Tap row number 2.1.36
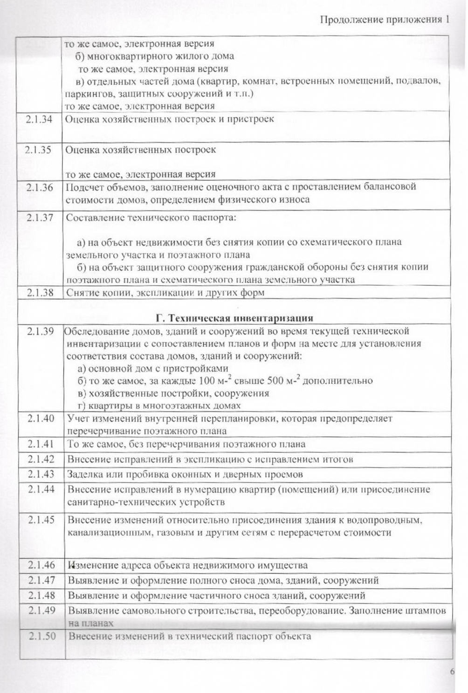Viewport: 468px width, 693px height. (x=40, y=187)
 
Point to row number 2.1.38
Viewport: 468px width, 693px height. (x=40, y=293)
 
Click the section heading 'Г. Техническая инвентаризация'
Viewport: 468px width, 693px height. (x=234, y=318)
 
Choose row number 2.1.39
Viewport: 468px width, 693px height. (x=40, y=331)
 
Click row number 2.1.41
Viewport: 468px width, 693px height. (x=41, y=444)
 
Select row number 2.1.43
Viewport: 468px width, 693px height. (x=41, y=474)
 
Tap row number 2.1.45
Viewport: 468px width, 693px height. (x=41, y=520)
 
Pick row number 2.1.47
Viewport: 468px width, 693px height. (x=41, y=580)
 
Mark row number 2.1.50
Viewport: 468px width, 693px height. (x=41, y=636)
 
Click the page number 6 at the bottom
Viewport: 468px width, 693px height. (x=452, y=672)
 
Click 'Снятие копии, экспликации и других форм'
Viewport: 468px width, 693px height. (x=165, y=293)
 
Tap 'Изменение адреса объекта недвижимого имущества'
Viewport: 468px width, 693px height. (x=187, y=565)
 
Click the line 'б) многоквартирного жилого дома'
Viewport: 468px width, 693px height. (x=155, y=56)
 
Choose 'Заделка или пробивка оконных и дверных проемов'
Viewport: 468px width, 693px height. (x=185, y=474)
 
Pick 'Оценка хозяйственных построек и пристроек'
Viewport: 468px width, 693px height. (x=169, y=119)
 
